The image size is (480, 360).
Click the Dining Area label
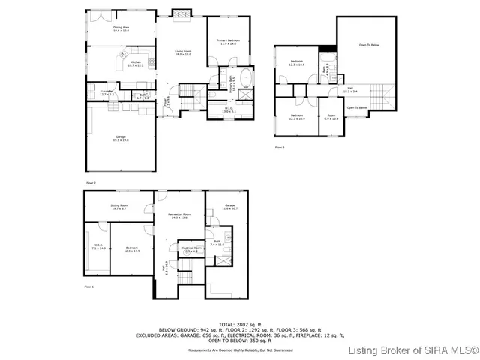coord(121,29)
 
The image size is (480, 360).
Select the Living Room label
coord(183,53)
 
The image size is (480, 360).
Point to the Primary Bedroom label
coord(227,42)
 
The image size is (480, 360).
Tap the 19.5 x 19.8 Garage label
coord(120,138)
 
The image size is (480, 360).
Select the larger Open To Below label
coord(368,46)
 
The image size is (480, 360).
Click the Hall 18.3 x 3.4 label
coord(349,89)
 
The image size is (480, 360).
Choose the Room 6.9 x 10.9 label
coord(331,117)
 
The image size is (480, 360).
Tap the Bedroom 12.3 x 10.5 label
coord(297,63)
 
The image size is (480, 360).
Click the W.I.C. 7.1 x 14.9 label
coord(99,246)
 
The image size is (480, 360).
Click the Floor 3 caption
coord(279,148)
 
